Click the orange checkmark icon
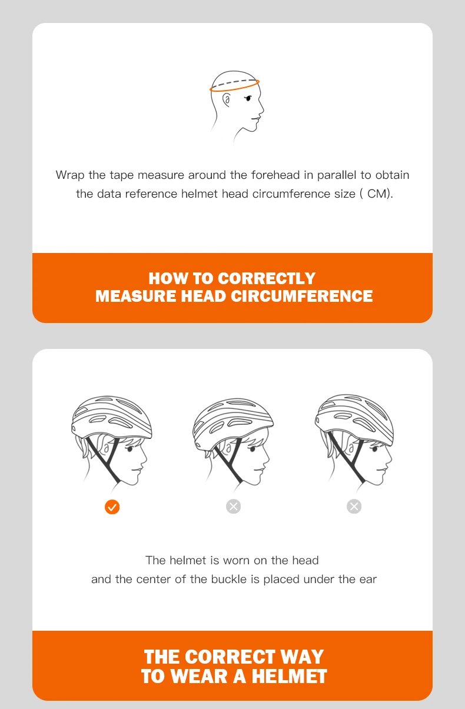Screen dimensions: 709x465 point(112,507)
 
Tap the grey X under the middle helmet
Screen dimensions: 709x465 point(234,507)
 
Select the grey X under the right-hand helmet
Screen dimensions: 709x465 point(354,507)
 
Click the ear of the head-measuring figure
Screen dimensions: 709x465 point(226,101)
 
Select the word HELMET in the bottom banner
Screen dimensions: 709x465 point(289,676)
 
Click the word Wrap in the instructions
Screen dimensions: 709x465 point(70,175)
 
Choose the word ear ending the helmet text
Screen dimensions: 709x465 point(368,580)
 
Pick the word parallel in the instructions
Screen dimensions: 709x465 point(337,175)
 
